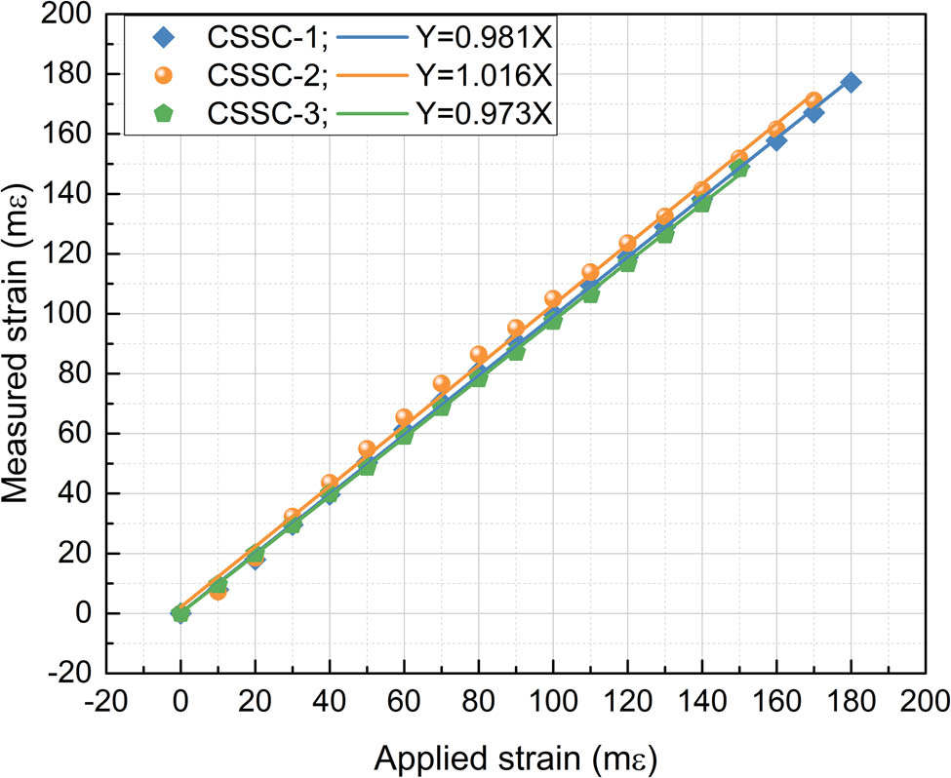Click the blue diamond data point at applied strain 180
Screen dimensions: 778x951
[851, 82]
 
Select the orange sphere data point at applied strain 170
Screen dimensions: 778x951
[813, 100]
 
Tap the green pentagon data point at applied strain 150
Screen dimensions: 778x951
[739, 168]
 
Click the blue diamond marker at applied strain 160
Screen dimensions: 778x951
[776, 141]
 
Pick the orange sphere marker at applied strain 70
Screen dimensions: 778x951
[441, 384]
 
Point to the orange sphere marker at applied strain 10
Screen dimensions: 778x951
[218, 591]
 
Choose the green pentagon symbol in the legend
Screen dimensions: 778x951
[162, 114]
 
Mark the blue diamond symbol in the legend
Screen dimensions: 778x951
[162, 40]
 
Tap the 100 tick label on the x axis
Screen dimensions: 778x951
[552, 699]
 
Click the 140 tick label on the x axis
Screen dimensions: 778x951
[701, 699]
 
